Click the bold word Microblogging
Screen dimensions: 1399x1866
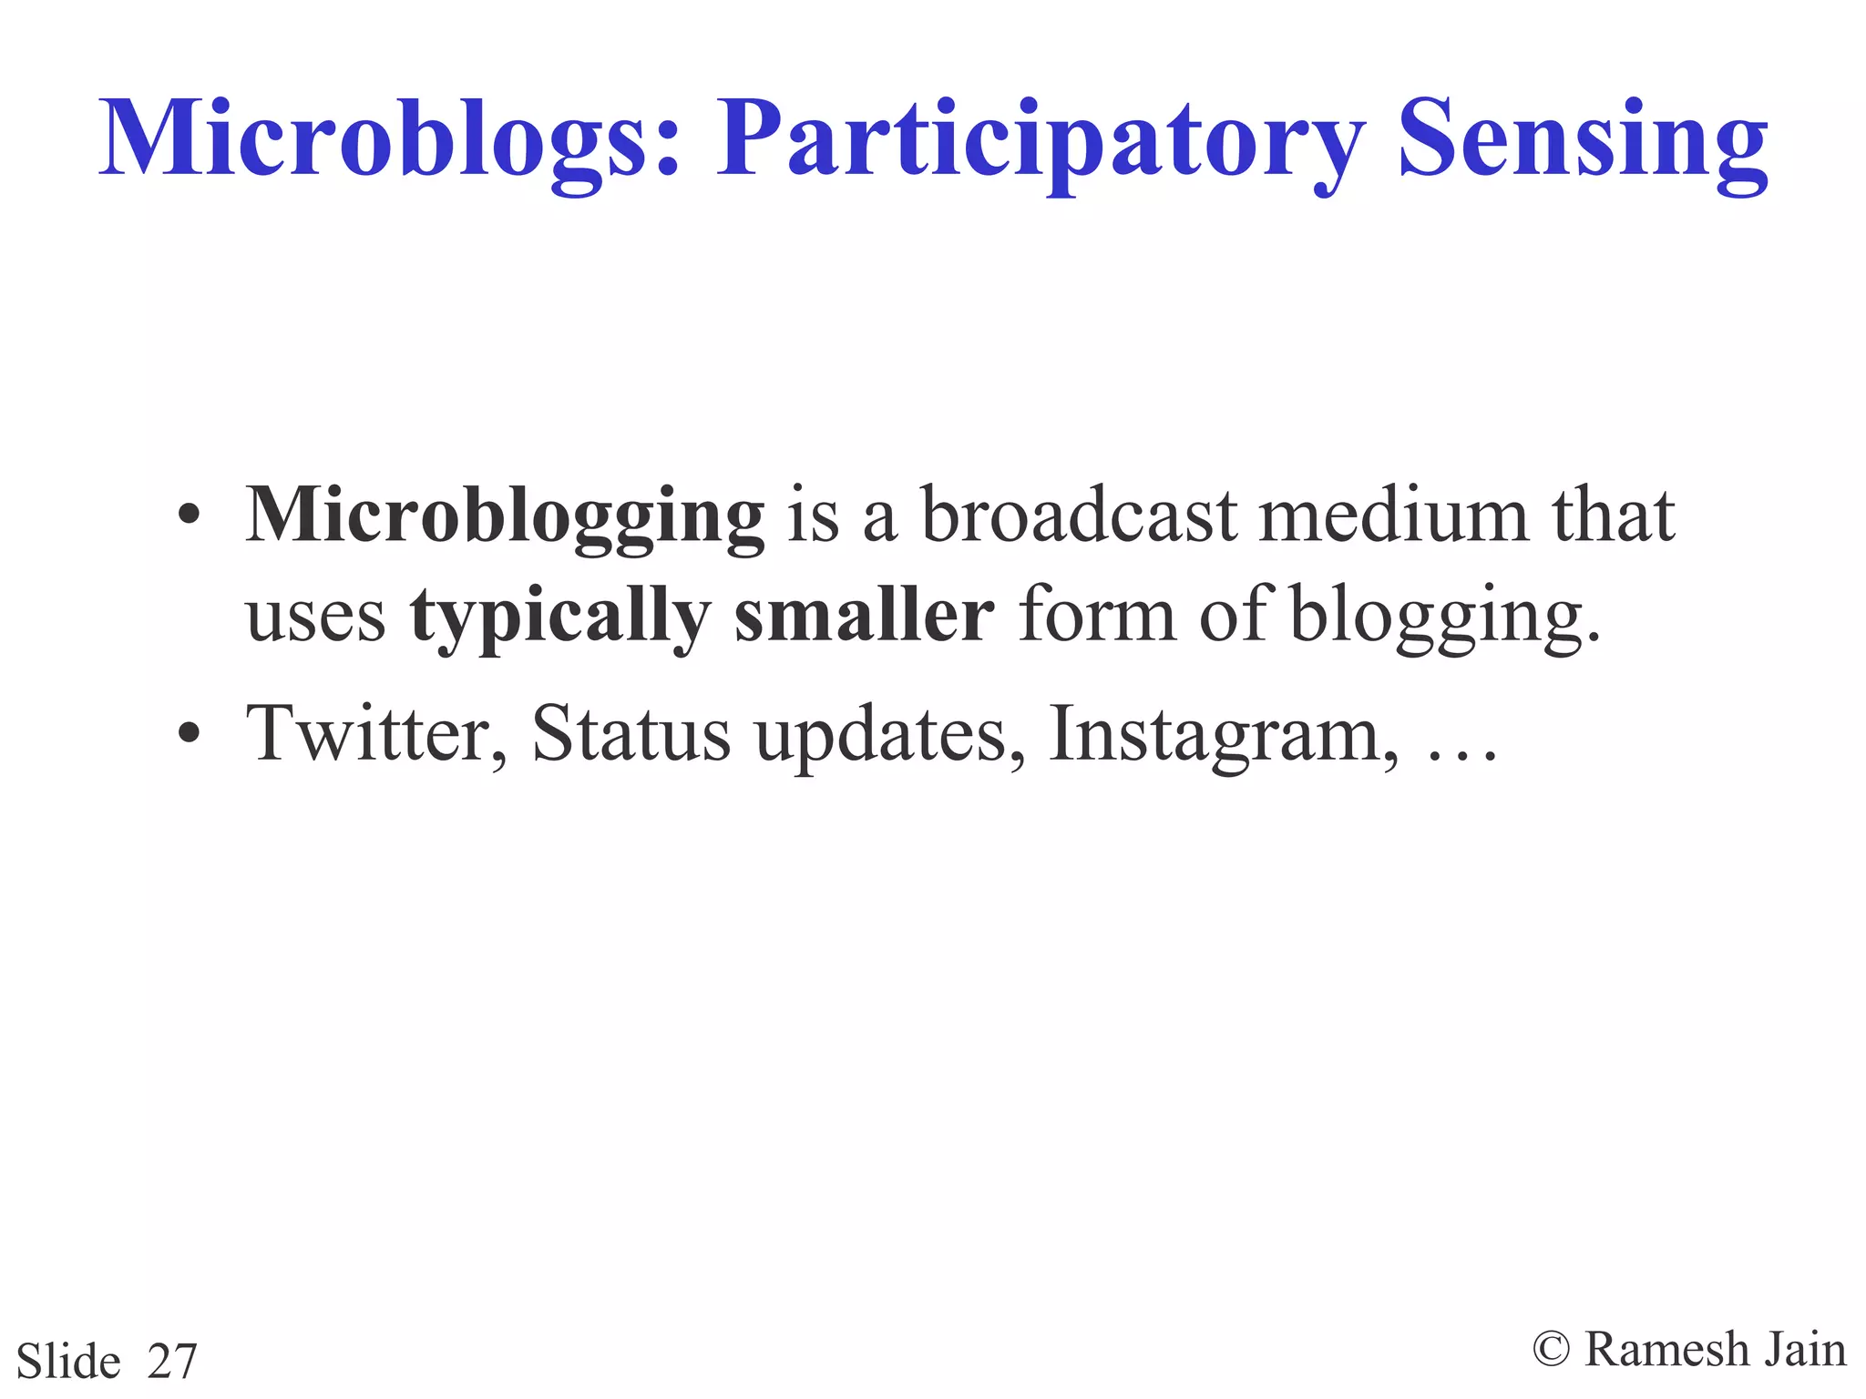click(505, 516)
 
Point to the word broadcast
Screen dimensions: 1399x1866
click(1081, 516)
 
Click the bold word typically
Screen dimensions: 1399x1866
click(559, 617)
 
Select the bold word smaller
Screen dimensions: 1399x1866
click(864, 617)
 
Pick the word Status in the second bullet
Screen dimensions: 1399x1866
click(631, 734)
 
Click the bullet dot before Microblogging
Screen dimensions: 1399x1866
click(189, 516)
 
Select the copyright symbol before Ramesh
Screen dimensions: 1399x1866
click(1551, 1349)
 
